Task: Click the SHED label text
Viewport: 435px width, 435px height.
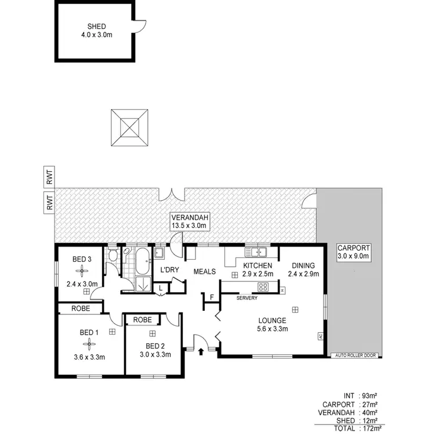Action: [95, 26]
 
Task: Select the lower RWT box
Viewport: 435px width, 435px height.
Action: [50, 202]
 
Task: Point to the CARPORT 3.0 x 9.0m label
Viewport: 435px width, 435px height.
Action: [353, 252]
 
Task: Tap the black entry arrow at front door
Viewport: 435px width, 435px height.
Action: [201, 350]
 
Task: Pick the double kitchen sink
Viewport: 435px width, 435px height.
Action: [256, 252]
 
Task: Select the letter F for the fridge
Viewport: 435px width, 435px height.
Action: [212, 298]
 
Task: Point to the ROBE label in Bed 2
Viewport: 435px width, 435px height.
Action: [142, 319]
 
